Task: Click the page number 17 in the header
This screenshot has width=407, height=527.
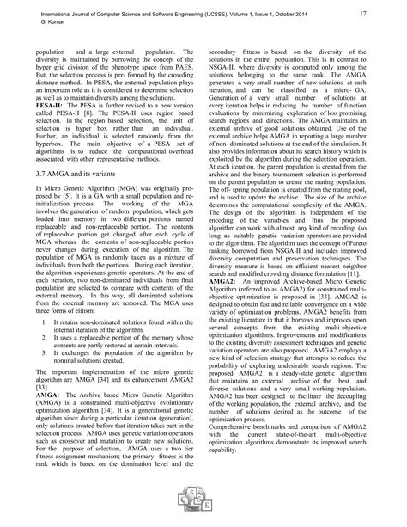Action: click(x=364, y=15)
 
